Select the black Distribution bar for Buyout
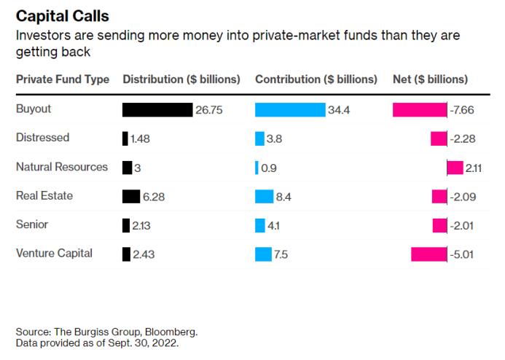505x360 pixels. click(x=157, y=110)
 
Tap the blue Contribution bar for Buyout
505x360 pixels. click(x=290, y=110)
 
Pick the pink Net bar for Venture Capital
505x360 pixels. click(x=428, y=254)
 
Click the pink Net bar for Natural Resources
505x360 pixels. click(x=455, y=168)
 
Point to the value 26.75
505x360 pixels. click(x=208, y=110)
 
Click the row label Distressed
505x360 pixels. click(x=42, y=138)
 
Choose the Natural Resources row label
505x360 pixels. click(x=62, y=167)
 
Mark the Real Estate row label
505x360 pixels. click(x=44, y=196)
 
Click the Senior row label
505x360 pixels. click(x=32, y=224)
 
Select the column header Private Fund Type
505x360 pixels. click(x=63, y=79)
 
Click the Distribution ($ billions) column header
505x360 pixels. click(x=181, y=79)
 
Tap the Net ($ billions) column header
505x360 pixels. click(x=430, y=79)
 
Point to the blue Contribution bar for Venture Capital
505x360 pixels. click(x=263, y=254)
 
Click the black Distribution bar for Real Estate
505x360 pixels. click(x=131, y=196)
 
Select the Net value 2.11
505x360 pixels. click(x=474, y=168)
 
